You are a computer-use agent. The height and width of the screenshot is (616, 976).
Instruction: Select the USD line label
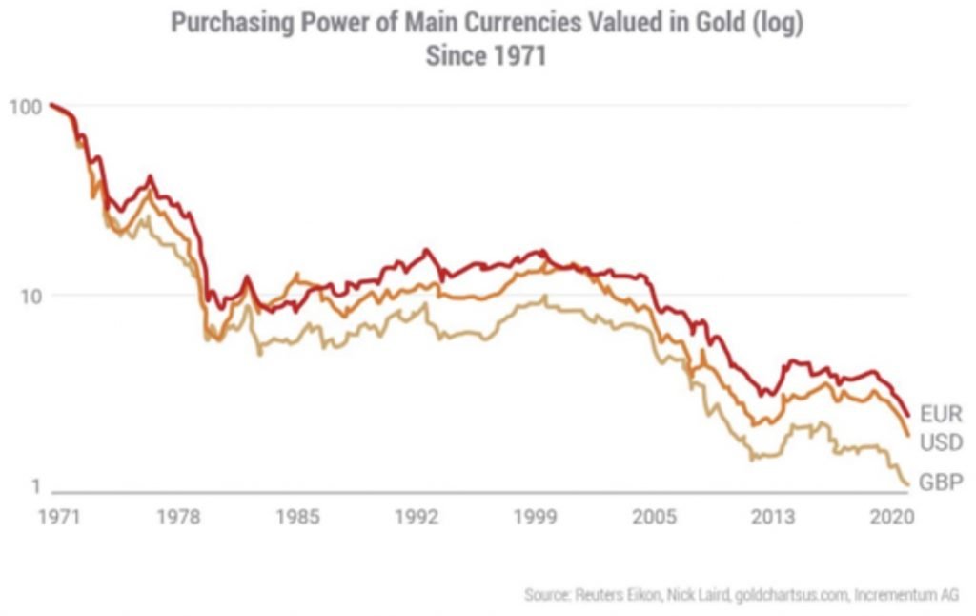(x=941, y=443)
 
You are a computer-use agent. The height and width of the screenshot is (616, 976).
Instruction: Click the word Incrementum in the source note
(x=897, y=594)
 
